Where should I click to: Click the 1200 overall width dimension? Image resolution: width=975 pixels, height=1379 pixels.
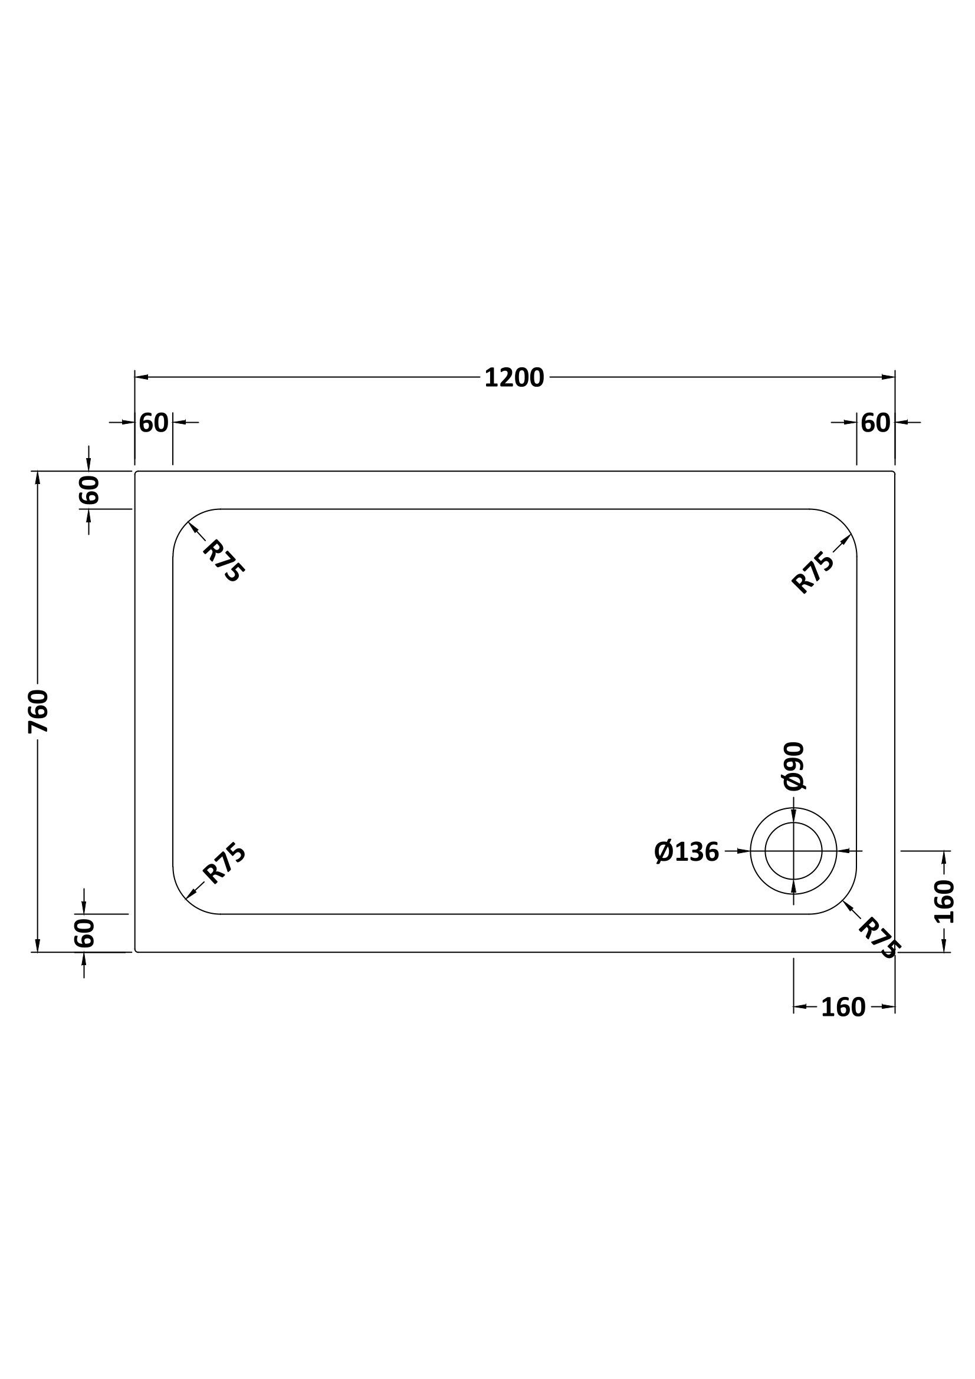tap(514, 378)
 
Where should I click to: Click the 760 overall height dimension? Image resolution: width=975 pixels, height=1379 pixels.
tap(38, 712)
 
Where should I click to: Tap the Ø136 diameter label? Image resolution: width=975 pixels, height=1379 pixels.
tap(687, 851)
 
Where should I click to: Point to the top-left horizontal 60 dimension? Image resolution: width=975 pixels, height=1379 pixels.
tap(154, 423)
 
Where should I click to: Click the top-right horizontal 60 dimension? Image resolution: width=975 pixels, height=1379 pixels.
tap(875, 423)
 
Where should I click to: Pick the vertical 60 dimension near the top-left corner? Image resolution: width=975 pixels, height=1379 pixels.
tap(88, 489)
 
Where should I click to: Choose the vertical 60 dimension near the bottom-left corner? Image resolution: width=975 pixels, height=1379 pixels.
tap(85, 933)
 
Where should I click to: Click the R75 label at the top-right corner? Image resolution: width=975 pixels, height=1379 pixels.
tap(813, 572)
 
